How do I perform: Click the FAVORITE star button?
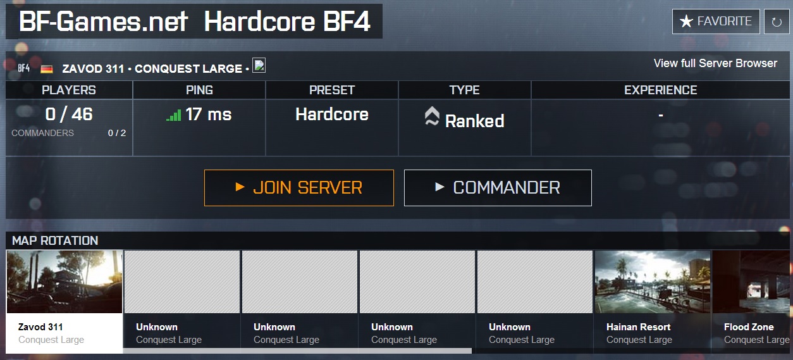tap(715, 22)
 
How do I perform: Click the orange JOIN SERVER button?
tap(298, 187)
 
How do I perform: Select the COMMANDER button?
tap(498, 187)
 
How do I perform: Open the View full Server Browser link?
tap(715, 63)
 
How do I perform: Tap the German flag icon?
tap(47, 68)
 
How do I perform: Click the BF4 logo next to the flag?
tap(23, 68)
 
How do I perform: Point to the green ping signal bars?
tap(173, 116)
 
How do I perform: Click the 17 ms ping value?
tap(209, 115)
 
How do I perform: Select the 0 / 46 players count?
tap(69, 115)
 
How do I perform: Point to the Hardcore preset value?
tap(332, 115)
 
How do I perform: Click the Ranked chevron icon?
tap(432, 117)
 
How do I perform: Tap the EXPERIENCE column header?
tap(661, 90)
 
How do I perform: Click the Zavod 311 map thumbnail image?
tap(65, 282)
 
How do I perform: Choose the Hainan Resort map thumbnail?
tap(653, 282)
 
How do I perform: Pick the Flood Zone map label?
tap(749, 327)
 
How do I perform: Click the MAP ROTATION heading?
tap(55, 240)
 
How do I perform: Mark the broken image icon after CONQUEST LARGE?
tap(259, 65)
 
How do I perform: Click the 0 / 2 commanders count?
tap(116, 133)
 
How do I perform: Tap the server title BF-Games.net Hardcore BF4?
tap(194, 22)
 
